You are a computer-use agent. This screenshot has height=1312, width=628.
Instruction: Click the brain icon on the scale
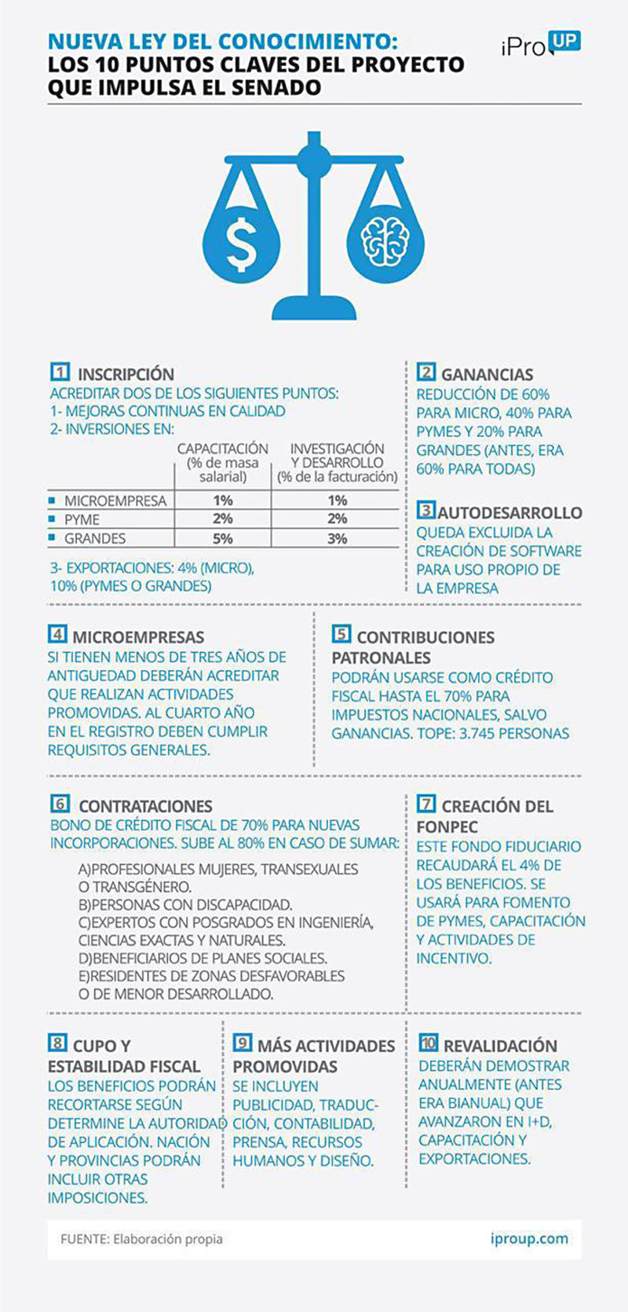tap(385, 240)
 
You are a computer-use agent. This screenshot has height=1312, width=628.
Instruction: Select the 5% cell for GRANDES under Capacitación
tap(223, 539)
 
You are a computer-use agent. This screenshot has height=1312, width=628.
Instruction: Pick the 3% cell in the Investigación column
tap(338, 539)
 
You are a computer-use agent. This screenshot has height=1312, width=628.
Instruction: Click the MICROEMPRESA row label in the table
tap(115, 500)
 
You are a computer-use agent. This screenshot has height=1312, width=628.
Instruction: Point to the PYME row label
tap(82, 519)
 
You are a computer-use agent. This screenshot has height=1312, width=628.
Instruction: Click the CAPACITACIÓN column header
tap(223, 449)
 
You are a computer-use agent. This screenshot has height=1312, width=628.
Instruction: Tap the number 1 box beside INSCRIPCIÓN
tap(60, 372)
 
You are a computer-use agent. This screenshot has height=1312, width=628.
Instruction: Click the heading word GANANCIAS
tap(487, 375)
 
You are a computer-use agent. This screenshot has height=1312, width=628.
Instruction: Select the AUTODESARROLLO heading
tap(509, 513)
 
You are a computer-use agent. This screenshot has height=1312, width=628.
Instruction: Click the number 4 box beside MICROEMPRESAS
tap(57, 635)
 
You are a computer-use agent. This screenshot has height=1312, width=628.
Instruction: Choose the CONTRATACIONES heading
tap(145, 806)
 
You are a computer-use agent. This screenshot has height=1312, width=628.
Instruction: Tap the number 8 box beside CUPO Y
tap(57, 1043)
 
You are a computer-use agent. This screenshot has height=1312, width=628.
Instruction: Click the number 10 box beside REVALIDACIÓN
tap(428, 1043)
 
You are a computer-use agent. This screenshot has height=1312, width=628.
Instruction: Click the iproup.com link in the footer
tap(528, 1239)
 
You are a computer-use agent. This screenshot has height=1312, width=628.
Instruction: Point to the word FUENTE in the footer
tap(84, 1239)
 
